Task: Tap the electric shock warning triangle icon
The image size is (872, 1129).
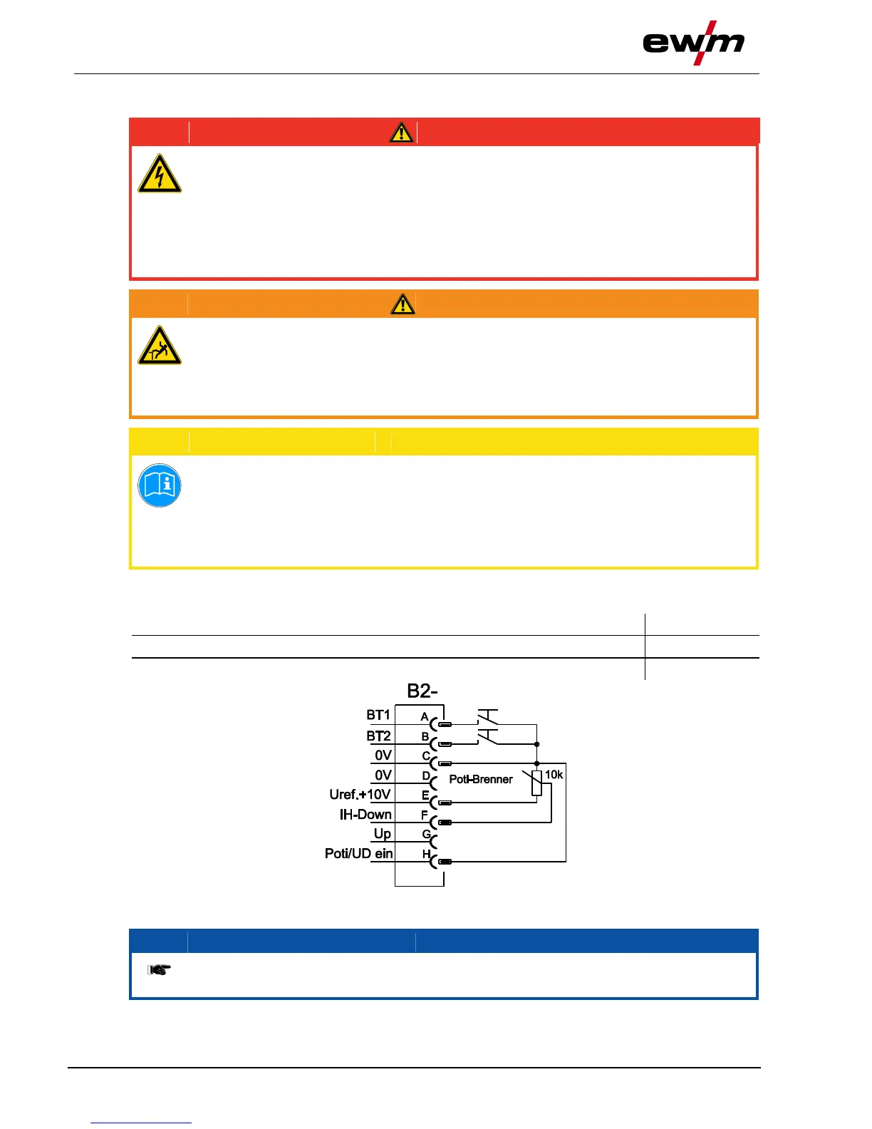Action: tap(160, 174)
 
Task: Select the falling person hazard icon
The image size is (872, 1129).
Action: tap(160, 346)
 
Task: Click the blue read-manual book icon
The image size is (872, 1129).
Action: tap(160, 485)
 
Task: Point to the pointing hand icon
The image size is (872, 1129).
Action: tap(159, 969)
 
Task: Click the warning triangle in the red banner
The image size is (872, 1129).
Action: tap(402, 133)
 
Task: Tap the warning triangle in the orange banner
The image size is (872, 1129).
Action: tap(403, 304)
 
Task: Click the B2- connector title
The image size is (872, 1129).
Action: tap(422, 691)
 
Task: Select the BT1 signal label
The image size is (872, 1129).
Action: tap(378, 715)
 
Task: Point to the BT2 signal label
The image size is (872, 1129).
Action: tap(378, 736)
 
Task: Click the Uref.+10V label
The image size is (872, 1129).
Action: tap(360, 794)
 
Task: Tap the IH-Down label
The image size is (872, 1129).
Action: tap(365, 814)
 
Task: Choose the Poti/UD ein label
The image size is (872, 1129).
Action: tap(358, 853)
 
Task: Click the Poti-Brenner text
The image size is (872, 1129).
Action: tap(480, 779)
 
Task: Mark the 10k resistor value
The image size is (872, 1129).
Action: tap(554, 775)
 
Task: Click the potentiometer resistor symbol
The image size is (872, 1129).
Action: tap(536, 783)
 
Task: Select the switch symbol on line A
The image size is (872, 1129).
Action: tap(487, 716)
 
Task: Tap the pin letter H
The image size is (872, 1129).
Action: tap(426, 854)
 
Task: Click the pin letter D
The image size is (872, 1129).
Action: tap(426, 775)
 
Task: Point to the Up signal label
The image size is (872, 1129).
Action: tap(382, 833)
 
